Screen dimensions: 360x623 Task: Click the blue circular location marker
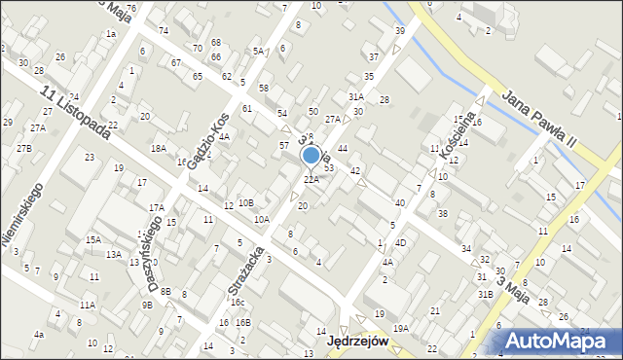311,156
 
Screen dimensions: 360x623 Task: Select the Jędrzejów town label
357,342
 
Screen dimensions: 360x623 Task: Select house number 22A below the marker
311,179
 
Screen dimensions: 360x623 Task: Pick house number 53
329,168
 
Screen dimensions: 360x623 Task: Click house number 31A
356,96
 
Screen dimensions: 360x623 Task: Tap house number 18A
158,148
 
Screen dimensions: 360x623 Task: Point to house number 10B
246,202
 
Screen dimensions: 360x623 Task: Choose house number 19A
400,329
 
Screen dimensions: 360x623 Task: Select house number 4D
400,242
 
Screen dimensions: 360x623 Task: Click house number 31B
484,294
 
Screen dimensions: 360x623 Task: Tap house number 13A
114,254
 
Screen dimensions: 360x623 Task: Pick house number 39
399,31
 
